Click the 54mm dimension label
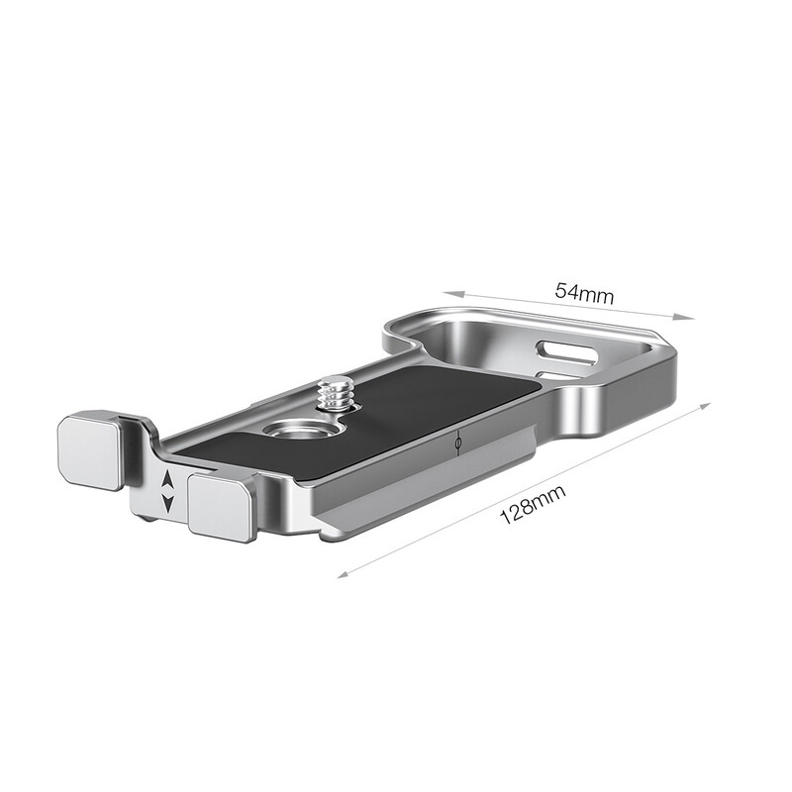(x=585, y=292)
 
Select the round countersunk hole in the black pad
(x=291, y=431)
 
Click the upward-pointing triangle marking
(x=168, y=482)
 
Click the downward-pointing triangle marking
(x=168, y=503)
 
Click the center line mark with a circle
(x=456, y=444)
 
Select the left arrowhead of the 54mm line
(x=447, y=293)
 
